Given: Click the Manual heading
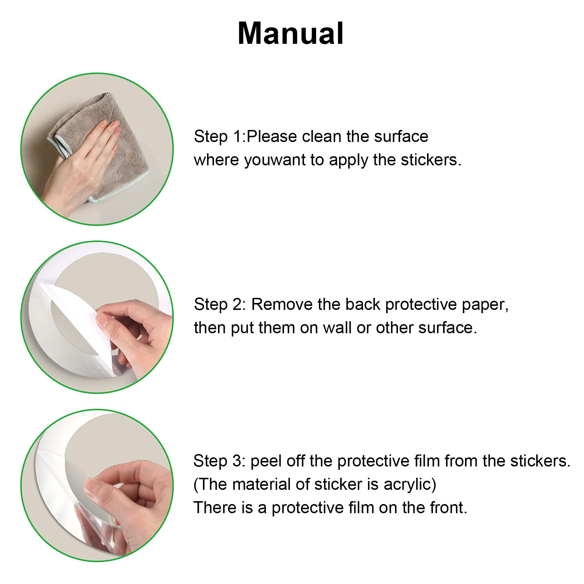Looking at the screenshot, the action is (x=291, y=33).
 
